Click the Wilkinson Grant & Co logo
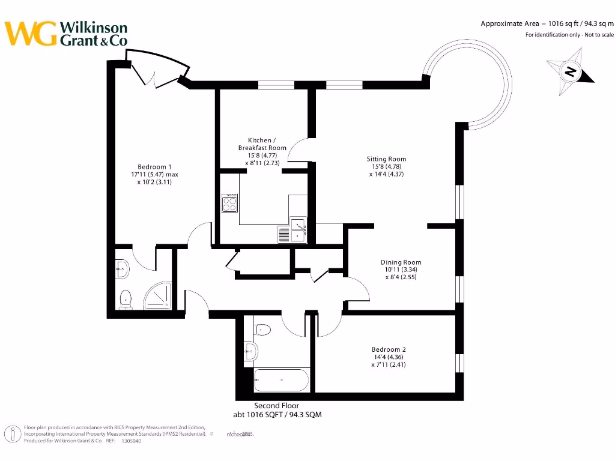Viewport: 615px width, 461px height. tap(66, 34)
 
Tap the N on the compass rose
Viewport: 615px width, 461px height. tap(571, 73)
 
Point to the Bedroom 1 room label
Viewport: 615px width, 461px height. tap(154, 167)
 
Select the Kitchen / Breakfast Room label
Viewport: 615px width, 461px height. tap(262, 144)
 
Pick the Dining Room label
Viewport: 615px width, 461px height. tap(401, 262)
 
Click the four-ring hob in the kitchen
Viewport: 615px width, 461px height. tap(230, 204)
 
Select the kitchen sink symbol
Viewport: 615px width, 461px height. tap(298, 226)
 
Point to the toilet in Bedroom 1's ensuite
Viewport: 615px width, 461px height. tap(125, 298)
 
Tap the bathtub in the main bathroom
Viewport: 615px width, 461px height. tap(281, 380)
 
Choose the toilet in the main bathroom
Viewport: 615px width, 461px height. tap(262, 329)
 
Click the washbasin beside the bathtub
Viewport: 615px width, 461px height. tap(250, 351)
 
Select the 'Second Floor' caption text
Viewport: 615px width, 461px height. tap(276, 406)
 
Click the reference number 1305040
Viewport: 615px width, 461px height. tap(131, 441)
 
